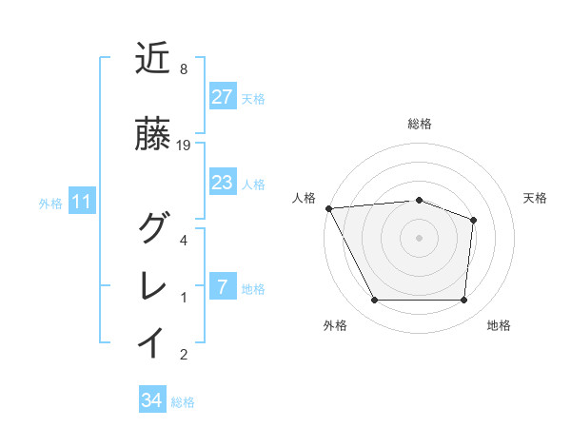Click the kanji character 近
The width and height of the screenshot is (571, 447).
[154, 59]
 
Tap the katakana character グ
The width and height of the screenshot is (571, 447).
[154, 228]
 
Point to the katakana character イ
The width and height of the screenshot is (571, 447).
[154, 342]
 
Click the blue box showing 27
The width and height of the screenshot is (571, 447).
[222, 97]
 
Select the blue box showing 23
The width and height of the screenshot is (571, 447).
[222, 183]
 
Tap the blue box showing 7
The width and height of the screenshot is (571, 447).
[222, 287]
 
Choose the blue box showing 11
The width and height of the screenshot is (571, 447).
[81, 202]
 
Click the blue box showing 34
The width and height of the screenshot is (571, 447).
[151, 400]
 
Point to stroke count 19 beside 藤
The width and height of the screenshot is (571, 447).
[185, 146]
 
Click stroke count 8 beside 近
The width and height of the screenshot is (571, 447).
[183, 69]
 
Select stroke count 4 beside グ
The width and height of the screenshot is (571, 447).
[183, 240]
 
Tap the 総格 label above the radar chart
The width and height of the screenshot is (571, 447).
[420, 124]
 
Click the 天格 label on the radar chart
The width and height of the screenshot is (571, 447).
[535, 198]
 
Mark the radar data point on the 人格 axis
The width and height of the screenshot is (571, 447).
[328, 207]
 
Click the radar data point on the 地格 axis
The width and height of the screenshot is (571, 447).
[464, 301]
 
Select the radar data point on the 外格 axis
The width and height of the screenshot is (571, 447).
[374, 301]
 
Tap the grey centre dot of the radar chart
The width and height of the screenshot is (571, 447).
[419, 237]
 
